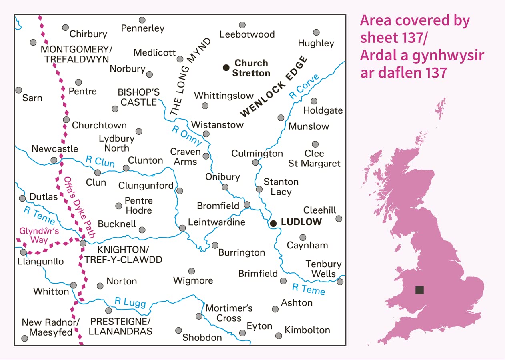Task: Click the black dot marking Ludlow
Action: tap(273, 223)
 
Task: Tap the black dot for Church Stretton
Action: tap(226, 68)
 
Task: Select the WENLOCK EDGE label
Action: tap(274, 87)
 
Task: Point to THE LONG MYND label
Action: tap(190, 77)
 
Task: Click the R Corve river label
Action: tap(304, 87)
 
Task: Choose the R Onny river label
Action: tap(187, 136)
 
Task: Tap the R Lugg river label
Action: tap(130, 303)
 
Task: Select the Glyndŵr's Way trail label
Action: tap(34, 236)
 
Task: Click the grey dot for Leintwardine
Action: tap(182, 228)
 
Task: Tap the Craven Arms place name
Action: tap(185, 156)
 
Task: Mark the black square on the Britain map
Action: tap(419, 290)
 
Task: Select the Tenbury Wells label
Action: tap(323, 269)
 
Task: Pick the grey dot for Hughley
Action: tap(316, 32)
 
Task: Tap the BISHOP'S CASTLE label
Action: tap(138, 97)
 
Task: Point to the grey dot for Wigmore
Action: tap(192, 271)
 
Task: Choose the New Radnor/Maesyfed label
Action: tap(51, 327)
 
